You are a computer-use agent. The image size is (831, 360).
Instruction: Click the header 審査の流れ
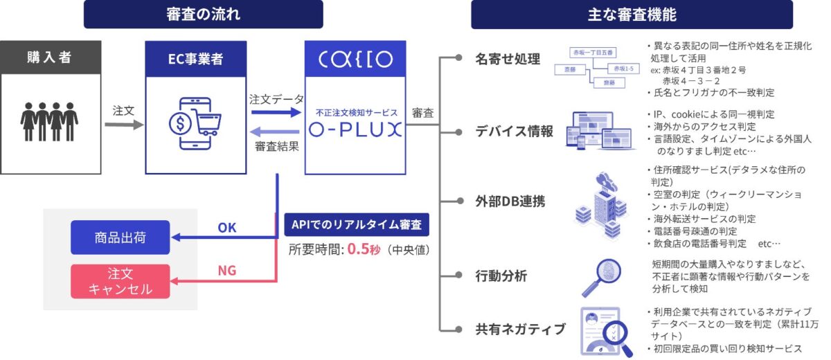tap(204, 14)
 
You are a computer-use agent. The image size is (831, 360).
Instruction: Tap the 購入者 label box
tap(49, 57)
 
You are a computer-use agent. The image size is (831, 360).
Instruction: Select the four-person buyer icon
tap(49, 122)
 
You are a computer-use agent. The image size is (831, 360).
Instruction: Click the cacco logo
tap(355, 58)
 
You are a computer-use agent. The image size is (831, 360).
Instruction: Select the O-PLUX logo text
tap(355, 129)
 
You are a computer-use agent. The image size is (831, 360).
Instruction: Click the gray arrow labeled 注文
tap(123, 125)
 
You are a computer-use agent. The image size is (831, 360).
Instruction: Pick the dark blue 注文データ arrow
tap(276, 111)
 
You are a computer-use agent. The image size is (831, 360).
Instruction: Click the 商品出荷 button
tap(120, 237)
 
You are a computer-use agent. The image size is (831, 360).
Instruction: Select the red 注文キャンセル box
tap(120, 281)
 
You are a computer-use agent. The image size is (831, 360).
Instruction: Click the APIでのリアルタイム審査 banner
tap(356, 225)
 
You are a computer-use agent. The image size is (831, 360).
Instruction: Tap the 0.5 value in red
tap(358, 249)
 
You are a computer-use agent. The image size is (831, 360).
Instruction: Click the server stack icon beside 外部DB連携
tap(599, 201)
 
